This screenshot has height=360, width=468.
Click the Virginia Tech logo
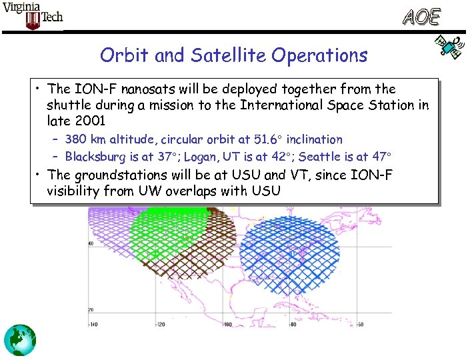tap(33, 16)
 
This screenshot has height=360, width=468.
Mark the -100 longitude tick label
tap(227, 325)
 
